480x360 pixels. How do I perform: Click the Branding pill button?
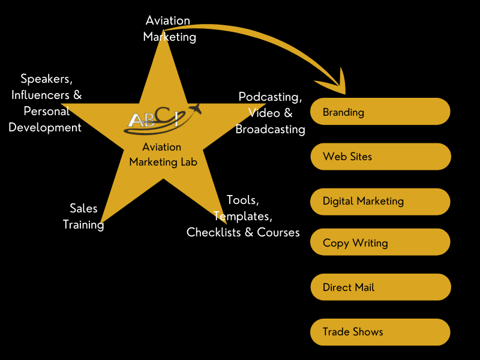click(x=380, y=112)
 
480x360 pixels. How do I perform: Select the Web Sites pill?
click(x=380, y=157)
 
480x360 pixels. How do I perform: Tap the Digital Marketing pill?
click(x=380, y=202)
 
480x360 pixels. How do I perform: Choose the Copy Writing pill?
click(x=380, y=243)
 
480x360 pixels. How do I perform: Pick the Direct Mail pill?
click(x=380, y=287)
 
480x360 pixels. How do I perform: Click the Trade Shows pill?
click(x=380, y=332)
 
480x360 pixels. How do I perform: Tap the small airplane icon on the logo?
click(x=194, y=109)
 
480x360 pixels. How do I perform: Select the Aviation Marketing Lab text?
click(x=163, y=154)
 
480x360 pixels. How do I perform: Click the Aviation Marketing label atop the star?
click(x=169, y=28)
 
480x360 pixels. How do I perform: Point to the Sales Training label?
click(x=83, y=216)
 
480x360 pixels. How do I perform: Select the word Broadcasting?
click(x=270, y=129)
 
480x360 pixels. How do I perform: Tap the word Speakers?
click(x=46, y=79)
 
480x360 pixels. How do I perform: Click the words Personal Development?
click(x=45, y=119)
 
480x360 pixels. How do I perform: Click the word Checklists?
click(x=213, y=232)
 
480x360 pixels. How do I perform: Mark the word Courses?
click(x=278, y=232)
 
